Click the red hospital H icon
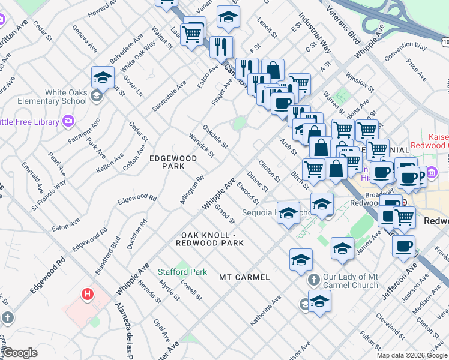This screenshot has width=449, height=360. click(x=88, y=294)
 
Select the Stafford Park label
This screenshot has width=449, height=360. click(x=182, y=272)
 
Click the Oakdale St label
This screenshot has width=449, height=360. click(x=214, y=137)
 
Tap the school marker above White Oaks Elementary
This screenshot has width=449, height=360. click(x=103, y=78)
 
